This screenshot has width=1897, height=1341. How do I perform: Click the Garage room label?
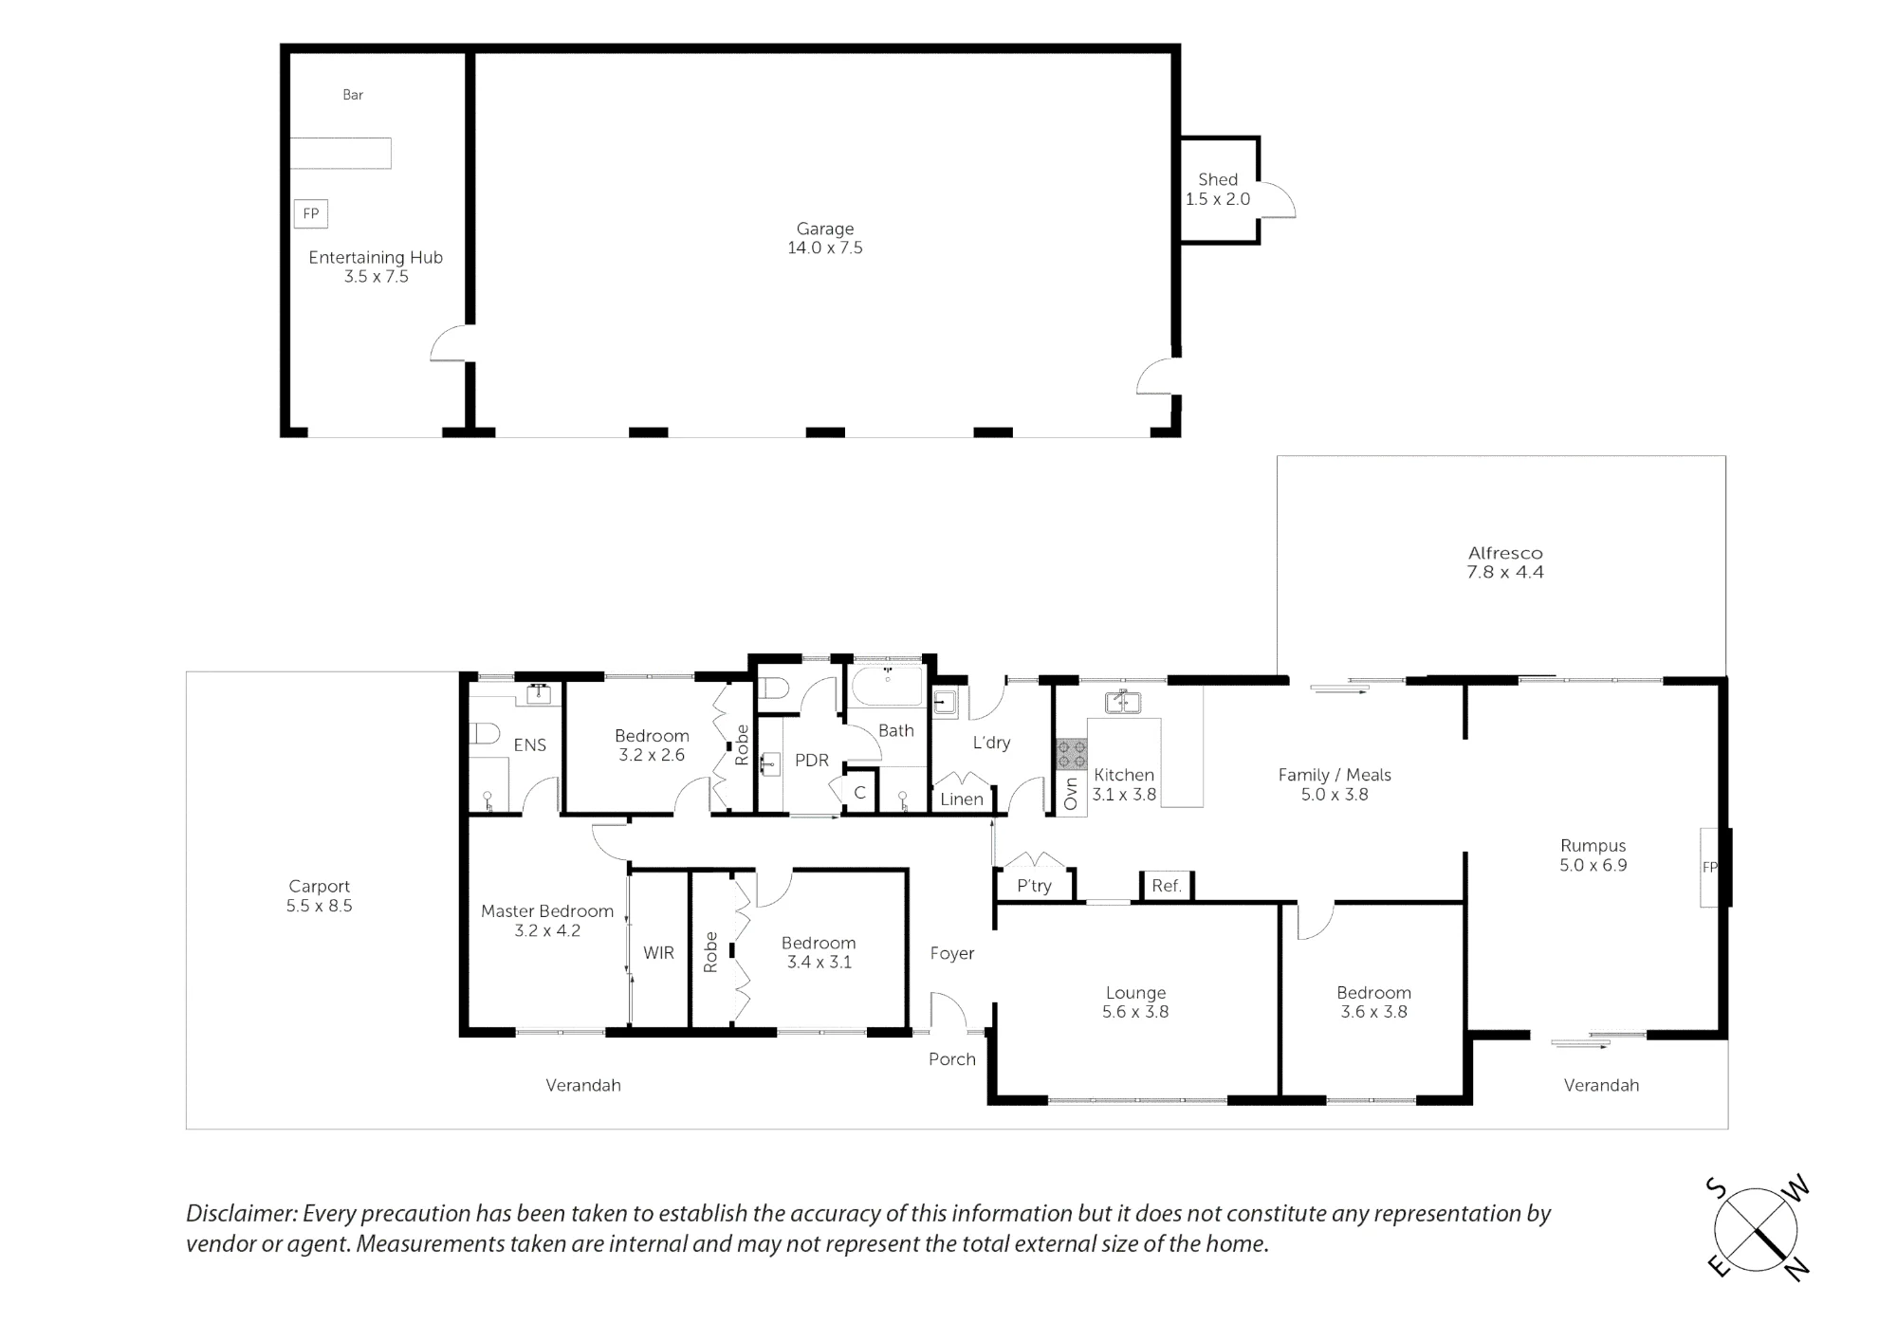825,229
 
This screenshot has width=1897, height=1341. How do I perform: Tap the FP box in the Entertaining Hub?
311,214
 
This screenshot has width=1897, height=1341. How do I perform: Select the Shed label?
1218,179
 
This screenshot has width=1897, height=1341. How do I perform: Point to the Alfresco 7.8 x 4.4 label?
1505,562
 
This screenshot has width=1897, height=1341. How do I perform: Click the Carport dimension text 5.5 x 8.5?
320,906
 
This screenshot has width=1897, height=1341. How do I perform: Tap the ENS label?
530,745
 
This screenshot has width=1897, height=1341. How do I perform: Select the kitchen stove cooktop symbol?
1072,754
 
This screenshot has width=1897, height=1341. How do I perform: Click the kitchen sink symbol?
1123,703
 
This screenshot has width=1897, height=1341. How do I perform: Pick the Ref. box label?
1167,886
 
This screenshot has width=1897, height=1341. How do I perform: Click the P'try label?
1034,886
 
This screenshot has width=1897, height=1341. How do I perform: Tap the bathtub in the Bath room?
887,686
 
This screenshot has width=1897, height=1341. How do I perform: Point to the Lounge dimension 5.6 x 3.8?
1135,1012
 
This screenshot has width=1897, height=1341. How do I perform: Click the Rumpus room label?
1593,846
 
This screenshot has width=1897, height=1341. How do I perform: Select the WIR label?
658,953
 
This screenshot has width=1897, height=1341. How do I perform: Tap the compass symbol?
1757,1230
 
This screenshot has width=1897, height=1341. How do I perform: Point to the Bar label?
353,95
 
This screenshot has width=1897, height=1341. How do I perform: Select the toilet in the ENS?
485,735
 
